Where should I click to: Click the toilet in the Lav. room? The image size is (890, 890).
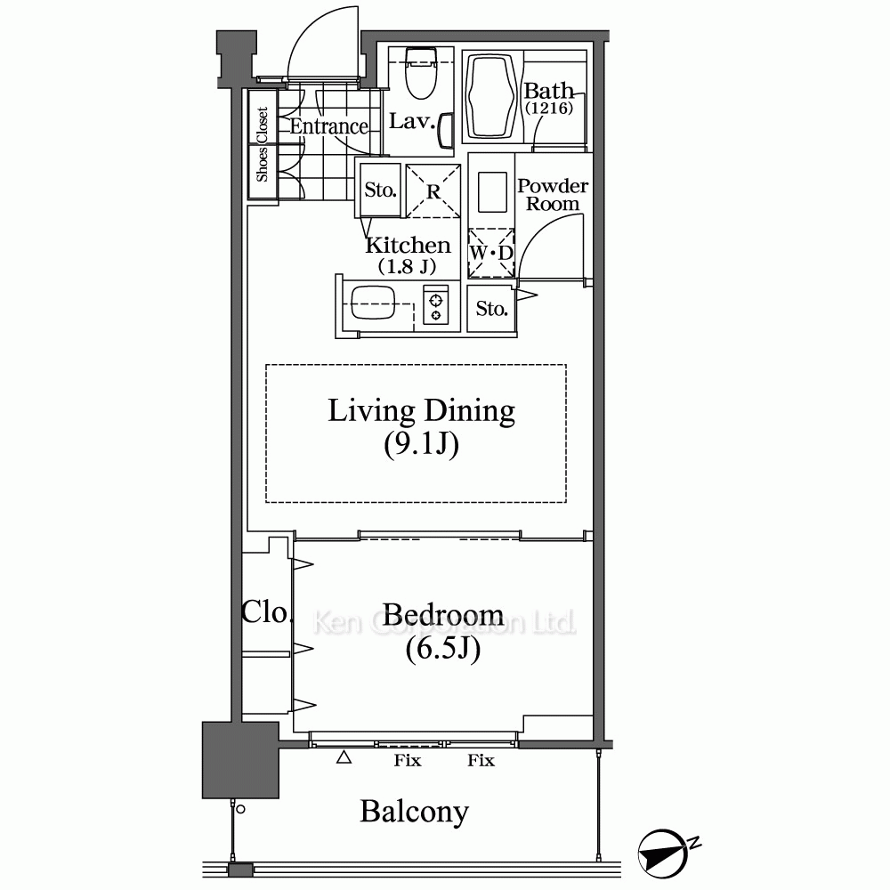tap(421, 73)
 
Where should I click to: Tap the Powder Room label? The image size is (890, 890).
tap(553, 195)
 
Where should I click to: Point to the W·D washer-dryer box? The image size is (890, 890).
tap(491, 253)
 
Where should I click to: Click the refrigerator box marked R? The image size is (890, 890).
tap(433, 190)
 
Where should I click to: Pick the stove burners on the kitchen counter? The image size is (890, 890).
tap(436, 308)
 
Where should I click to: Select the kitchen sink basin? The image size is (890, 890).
tap(373, 303)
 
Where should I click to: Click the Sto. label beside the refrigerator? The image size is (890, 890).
tap(380, 190)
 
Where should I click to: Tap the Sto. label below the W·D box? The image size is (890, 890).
tap(491, 309)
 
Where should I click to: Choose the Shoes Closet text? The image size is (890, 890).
tap(262, 144)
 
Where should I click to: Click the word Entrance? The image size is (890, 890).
tap(329, 126)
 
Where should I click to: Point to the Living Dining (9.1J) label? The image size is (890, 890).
tap(421, 427)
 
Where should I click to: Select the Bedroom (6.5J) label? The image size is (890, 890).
tap(443, 631)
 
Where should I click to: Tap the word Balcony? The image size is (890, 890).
tap(415, 812)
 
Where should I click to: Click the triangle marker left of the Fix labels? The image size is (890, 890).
tap(344, 757)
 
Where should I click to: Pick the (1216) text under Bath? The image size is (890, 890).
tap(549, 108)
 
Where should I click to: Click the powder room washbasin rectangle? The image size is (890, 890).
tap(492, 192)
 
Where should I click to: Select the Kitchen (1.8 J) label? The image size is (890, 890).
tap(408, 255)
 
